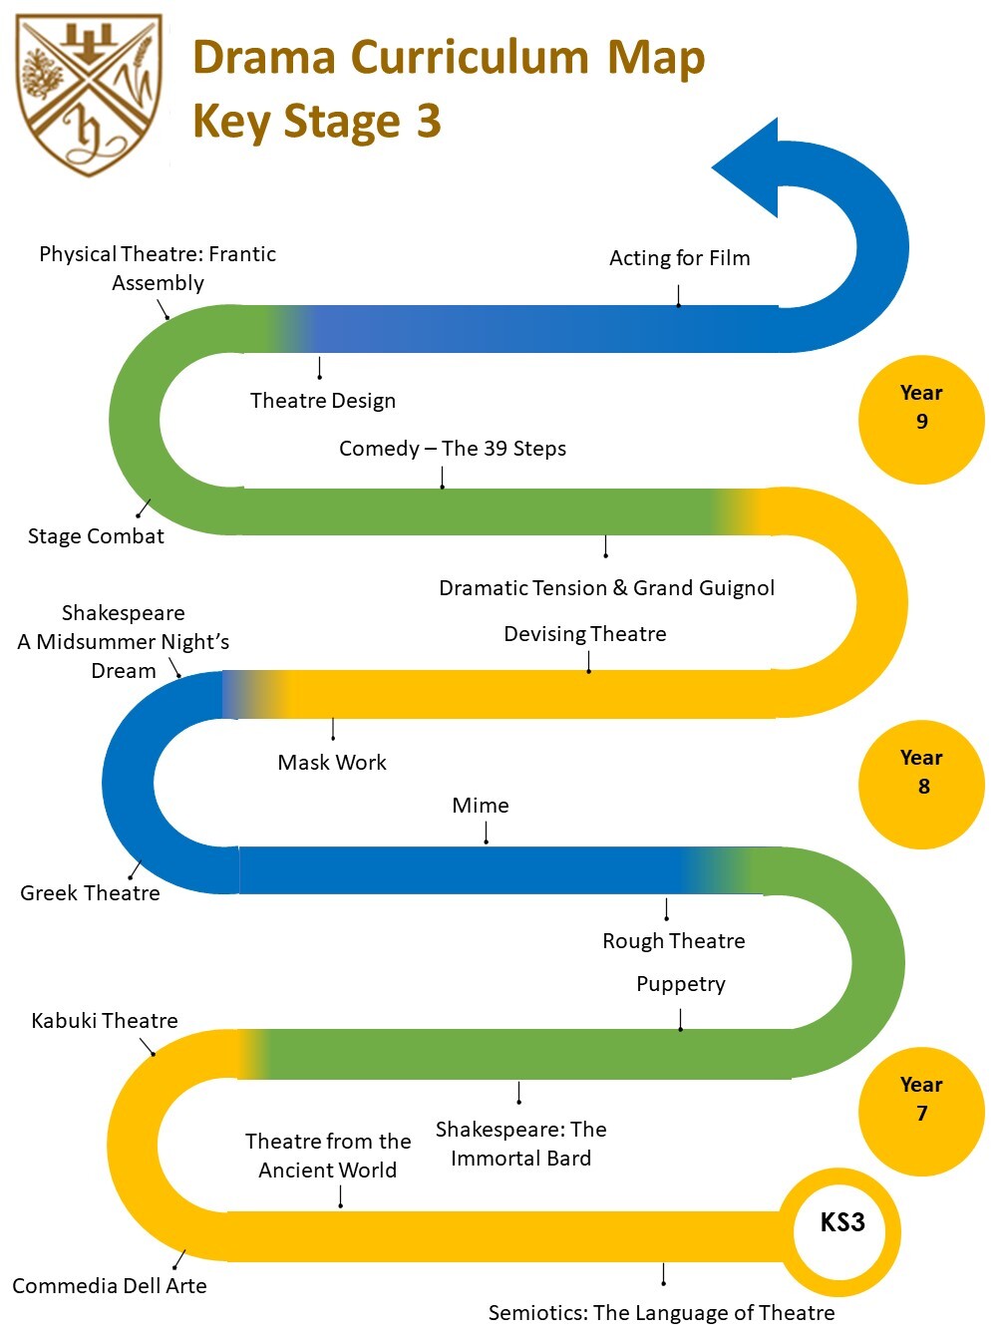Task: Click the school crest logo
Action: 90,94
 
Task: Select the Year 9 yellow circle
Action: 921,420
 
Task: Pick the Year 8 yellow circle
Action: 921,785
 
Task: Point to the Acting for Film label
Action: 679,258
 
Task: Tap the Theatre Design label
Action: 323,401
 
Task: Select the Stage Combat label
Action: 96,536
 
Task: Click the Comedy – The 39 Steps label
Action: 453,449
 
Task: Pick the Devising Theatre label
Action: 585,634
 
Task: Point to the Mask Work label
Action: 332,763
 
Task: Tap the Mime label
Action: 481,806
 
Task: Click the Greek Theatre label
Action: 90,893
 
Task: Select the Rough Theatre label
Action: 674,941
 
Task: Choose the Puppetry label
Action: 681,984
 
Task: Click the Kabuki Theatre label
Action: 105,1021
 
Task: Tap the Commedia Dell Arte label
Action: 110,1286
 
